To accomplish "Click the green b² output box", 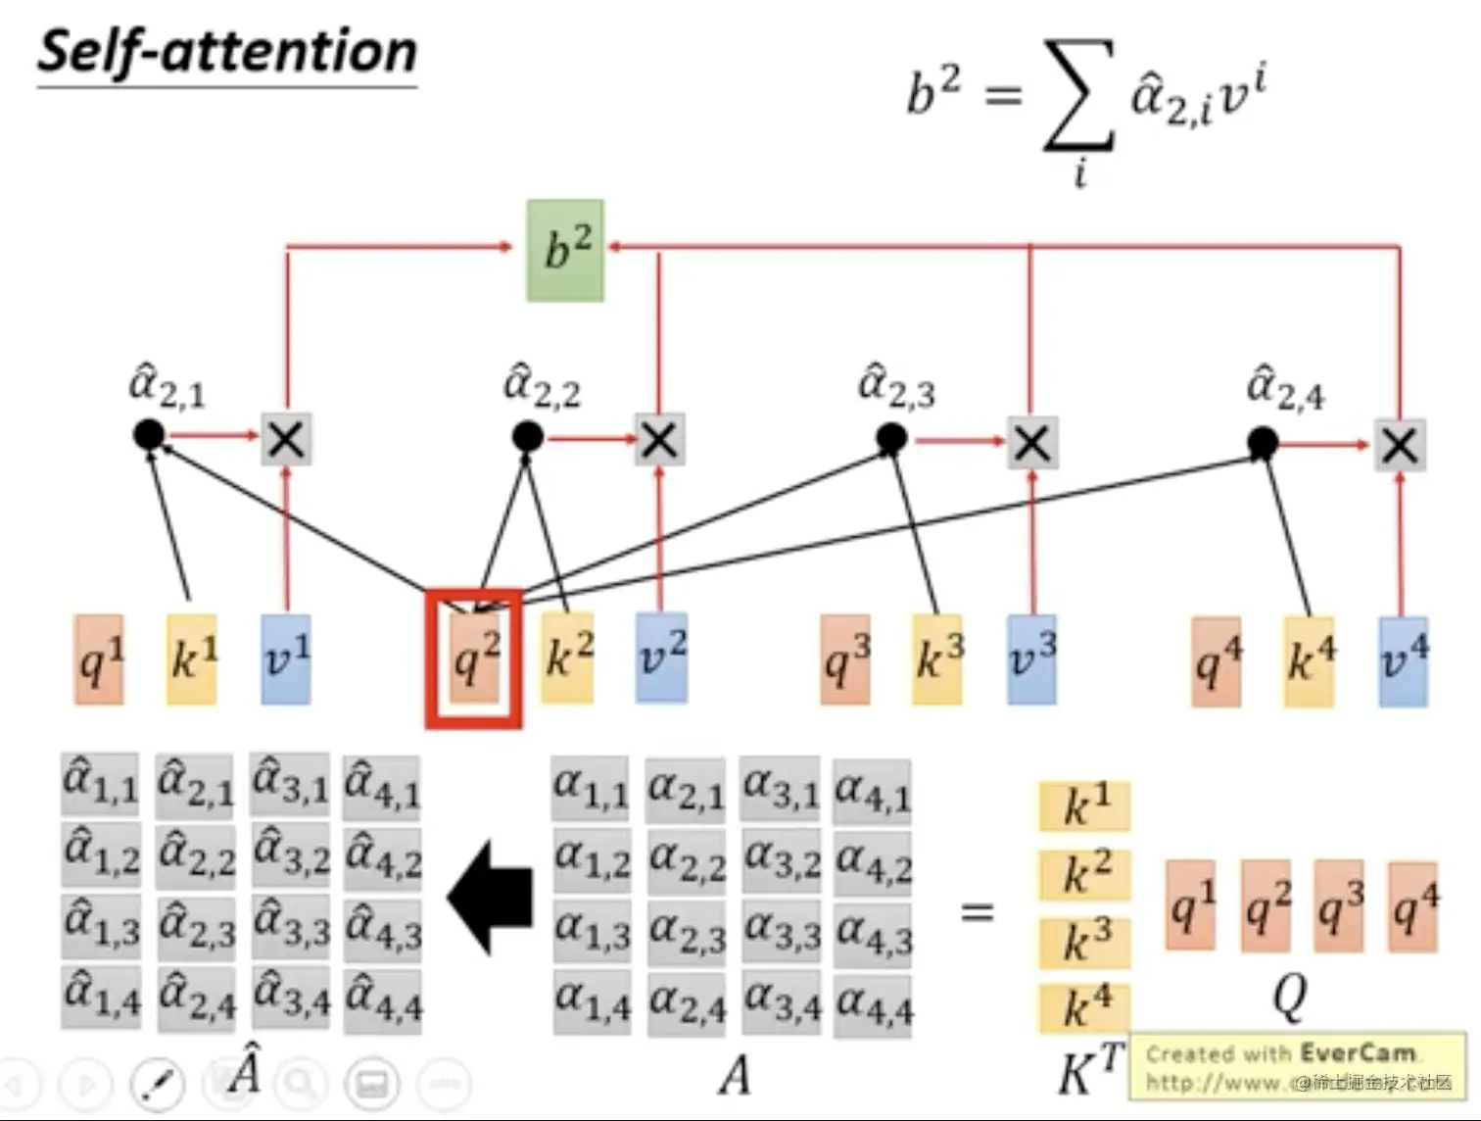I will pos(565,250).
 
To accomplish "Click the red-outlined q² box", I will pos(474,658).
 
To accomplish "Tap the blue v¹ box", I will pos(286,658).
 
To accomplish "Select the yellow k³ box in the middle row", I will pos(937,658).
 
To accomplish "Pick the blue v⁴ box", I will pos(1403,660).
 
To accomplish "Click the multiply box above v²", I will pos(659,440).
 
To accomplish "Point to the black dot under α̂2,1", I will pos(149,434).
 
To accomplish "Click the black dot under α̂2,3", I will pos(891,439).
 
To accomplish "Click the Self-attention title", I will pos(227,52).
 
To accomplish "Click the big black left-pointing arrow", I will pos(492,898).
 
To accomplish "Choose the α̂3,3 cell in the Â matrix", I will pos(291,926).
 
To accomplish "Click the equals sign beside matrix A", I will pos(977,912).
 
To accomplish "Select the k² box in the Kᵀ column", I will pos(1085,873).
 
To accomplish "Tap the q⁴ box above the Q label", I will pos(1413,906).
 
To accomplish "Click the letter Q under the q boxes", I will pos(1289,996).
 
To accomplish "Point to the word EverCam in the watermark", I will pos(1358,1053).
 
